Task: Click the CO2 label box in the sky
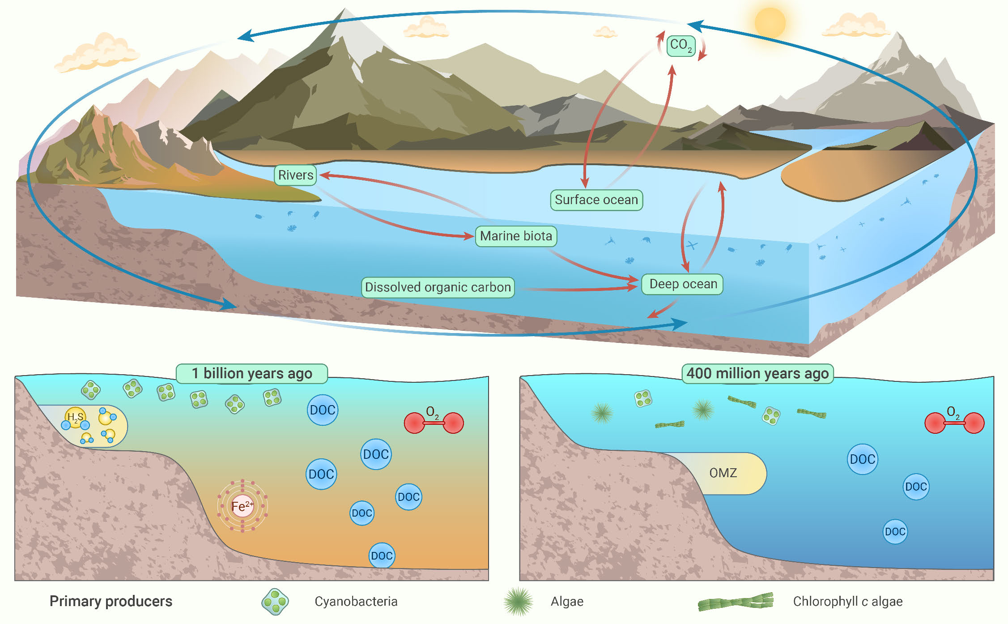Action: (681, 46)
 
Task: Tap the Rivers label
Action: (295, 175)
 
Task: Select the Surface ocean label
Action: (596, 200)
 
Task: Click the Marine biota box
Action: (516, 236)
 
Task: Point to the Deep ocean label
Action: (682, 284)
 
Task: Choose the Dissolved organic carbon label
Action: (438, 287)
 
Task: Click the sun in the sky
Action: (770, 22)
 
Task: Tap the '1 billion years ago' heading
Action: (252, 373)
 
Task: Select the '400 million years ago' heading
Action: (757, 373)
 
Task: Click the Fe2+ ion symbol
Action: (242, 506)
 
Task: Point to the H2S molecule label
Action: (75, 417)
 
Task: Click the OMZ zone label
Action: (723, 473)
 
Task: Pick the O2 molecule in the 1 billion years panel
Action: (434, 422)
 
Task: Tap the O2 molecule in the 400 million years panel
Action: (954, 422)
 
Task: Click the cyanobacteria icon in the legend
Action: (275, 602)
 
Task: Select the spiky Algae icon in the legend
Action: (518, 602)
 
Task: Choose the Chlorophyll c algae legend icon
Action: (736, 602)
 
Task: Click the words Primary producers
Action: (111, 601)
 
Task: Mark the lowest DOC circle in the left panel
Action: (382, 556)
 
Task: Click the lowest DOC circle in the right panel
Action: (895, 532)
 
